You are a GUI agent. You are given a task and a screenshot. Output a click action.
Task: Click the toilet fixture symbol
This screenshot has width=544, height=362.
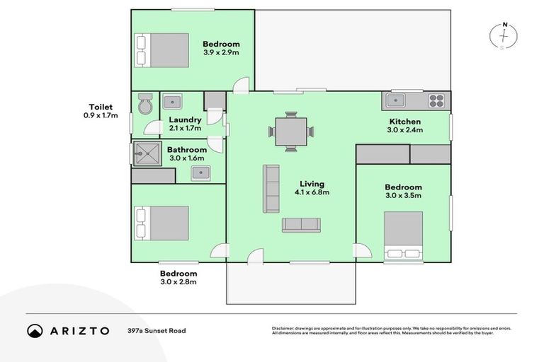click(x=144, y=104)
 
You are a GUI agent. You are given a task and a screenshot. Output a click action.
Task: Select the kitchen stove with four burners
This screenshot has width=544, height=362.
click(x=437, y=101)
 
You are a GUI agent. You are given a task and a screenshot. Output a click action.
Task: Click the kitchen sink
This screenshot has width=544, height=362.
click(x=395, y=101)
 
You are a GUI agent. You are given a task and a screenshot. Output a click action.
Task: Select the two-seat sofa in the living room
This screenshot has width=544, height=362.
click(x=301, y=225)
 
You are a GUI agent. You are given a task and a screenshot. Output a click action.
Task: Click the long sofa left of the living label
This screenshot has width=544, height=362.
click(x=271, y=188)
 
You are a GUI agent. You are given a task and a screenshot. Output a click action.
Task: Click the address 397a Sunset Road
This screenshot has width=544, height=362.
click(x=157, y=330)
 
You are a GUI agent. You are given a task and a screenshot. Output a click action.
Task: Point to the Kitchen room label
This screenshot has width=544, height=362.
click(x=404, y=122)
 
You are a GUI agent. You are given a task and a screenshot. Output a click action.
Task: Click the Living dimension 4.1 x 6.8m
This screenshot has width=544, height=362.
click(x=312, y=192)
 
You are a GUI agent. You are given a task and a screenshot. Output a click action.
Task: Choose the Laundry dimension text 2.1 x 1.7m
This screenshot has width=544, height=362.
click(x=185, y=129)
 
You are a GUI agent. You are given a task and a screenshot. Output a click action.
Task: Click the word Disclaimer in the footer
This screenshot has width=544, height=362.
click(x=283, y=328)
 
